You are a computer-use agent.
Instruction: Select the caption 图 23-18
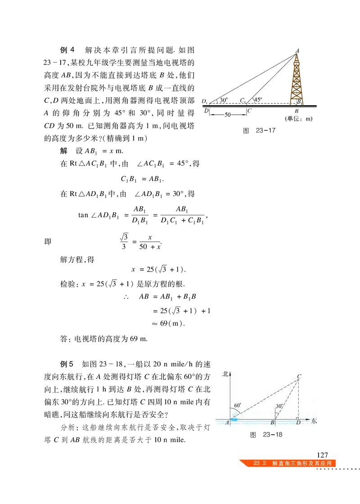click(265, 435)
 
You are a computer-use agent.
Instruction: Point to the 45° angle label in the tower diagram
click(258, 100)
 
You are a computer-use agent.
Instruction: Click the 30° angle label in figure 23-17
click(224, 100)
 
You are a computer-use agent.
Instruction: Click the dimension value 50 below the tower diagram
click(228, 115)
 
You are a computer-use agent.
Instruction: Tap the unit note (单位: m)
click(298, 119)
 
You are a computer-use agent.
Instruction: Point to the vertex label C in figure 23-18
click(299, 376)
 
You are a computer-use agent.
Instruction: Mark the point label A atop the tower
click(297, 50)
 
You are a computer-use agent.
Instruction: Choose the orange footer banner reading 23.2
click(288, 464)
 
